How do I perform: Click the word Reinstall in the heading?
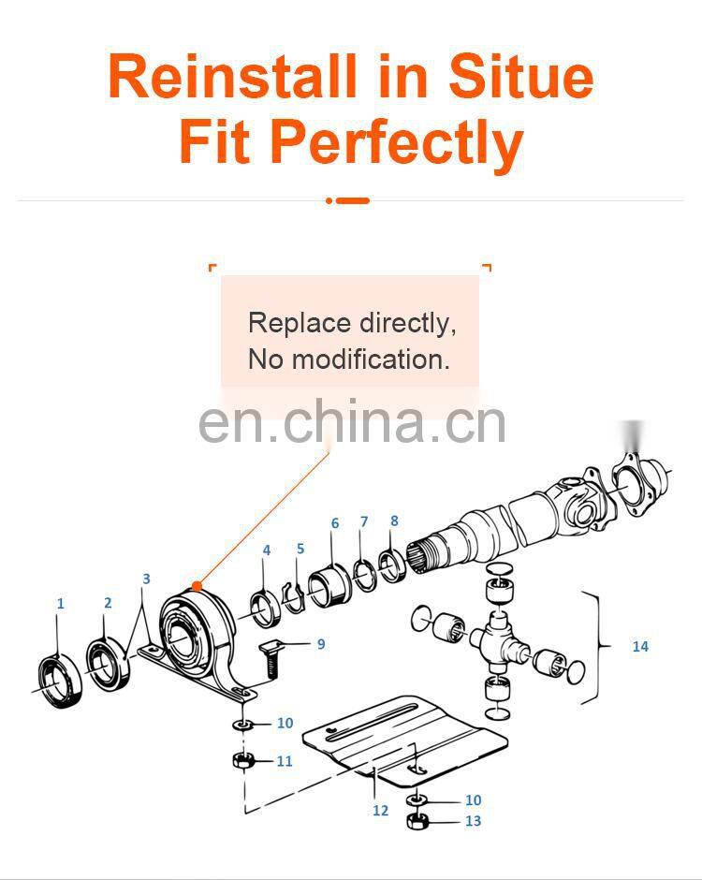(x=233, y=76)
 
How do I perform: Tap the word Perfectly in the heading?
(x=397, y=142)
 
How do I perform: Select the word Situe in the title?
(x=520, y=76)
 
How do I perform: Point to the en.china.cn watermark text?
(x=352, y=421)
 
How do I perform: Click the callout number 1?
(x=61, y=604)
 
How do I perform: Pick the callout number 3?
(x=146, y=579)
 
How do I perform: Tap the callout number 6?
(x=335, y=523)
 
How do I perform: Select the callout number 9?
(x=321, y=644)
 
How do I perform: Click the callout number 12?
(x=380, y=811)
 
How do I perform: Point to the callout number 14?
(x=640, y=647)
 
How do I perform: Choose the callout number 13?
(x=473, y=821)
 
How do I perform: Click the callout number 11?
(x=285, y=761)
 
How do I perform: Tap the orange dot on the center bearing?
(x=197, y=586)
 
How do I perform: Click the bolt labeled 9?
(x=271, y=660)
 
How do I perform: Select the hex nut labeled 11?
(x=242, y=762)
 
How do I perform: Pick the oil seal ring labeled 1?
(x=60, y=680)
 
